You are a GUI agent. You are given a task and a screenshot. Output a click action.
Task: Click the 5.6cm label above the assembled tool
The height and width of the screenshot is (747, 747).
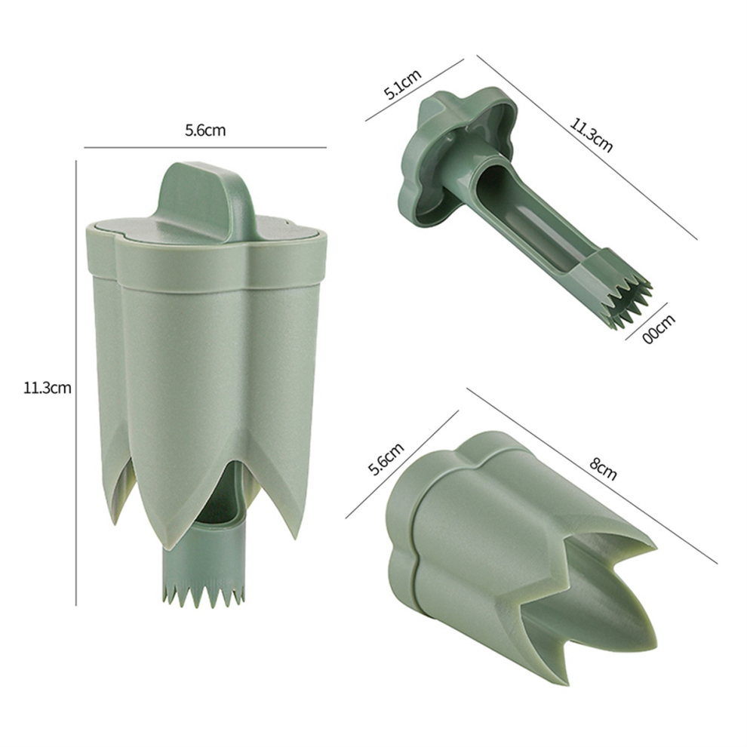[x=205, y=130]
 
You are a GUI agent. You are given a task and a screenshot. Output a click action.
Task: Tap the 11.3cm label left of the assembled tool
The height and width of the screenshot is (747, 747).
[x=47, y=389]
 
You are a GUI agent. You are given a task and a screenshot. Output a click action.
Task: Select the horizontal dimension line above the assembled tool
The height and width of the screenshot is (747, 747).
[x=205, y=147]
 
